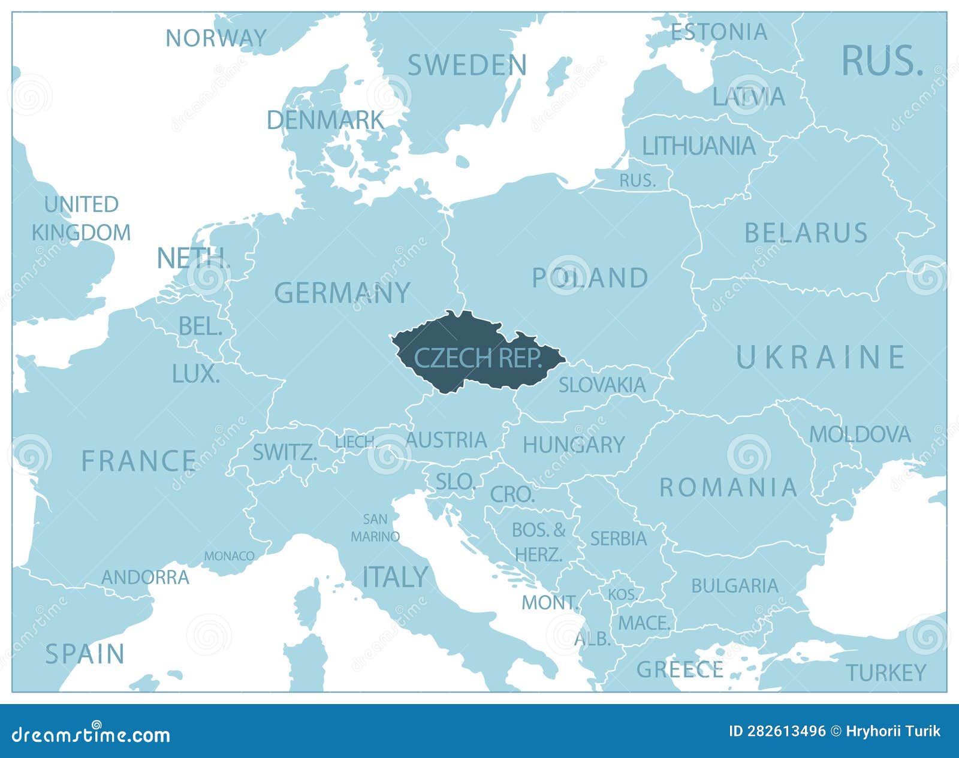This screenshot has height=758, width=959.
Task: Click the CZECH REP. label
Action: pos(478,358)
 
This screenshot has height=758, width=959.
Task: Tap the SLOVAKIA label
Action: pos(602,385)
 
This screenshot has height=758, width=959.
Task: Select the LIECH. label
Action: pos(355,442)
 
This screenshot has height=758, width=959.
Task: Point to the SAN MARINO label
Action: pos(375,528)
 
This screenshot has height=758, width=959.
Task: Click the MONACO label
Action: pos(229,556)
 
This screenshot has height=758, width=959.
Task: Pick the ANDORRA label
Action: pos(145,578)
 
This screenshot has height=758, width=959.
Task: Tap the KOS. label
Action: pos(623,594)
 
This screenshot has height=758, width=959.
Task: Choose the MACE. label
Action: pos(644,623)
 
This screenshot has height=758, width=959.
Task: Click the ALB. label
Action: pos(592,639)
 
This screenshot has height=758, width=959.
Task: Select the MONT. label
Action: pos(550,602)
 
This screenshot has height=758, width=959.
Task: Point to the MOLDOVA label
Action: pos(860,434)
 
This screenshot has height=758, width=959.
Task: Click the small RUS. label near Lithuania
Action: pos(637,180)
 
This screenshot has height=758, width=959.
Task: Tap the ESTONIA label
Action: pos(719,32)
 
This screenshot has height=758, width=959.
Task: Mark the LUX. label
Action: pos(195,374)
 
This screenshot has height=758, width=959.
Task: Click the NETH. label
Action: pos(193,258)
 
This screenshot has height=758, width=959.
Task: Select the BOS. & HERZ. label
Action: pos(538,542)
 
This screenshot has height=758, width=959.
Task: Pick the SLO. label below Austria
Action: pos(456,481)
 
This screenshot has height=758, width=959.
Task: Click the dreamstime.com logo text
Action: pos(91,734)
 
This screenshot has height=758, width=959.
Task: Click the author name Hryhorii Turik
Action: pos(893,731)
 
